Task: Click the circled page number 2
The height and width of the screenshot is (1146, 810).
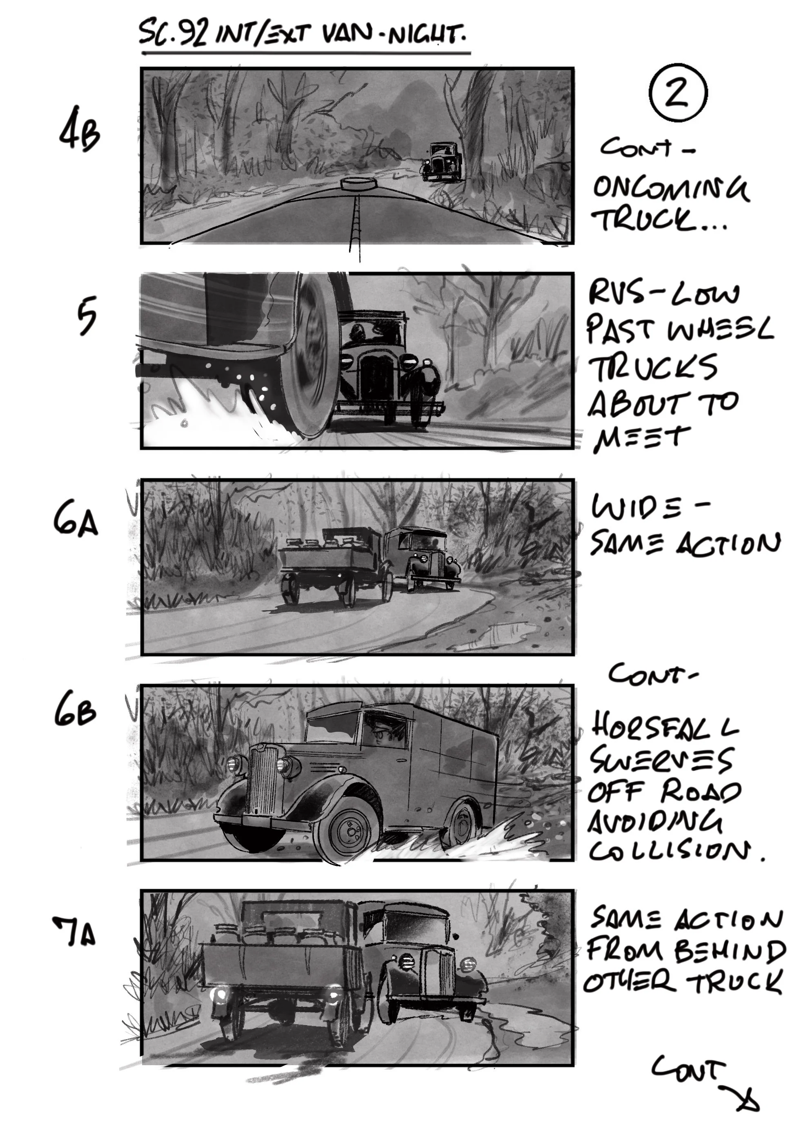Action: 678,92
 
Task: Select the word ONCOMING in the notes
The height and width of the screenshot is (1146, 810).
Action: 670,189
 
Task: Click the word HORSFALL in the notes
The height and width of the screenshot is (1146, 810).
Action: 664,725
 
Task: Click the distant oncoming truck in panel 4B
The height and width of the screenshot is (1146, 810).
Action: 443,161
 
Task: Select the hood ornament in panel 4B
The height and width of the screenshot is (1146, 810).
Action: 357,184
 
